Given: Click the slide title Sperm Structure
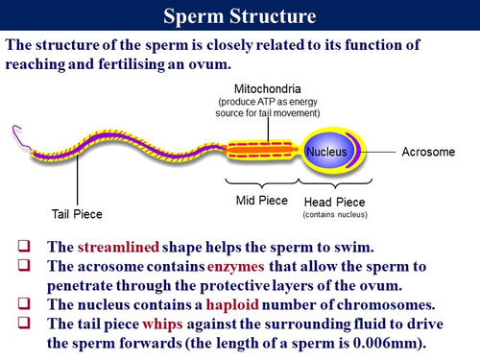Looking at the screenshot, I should (x=240, y=15).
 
